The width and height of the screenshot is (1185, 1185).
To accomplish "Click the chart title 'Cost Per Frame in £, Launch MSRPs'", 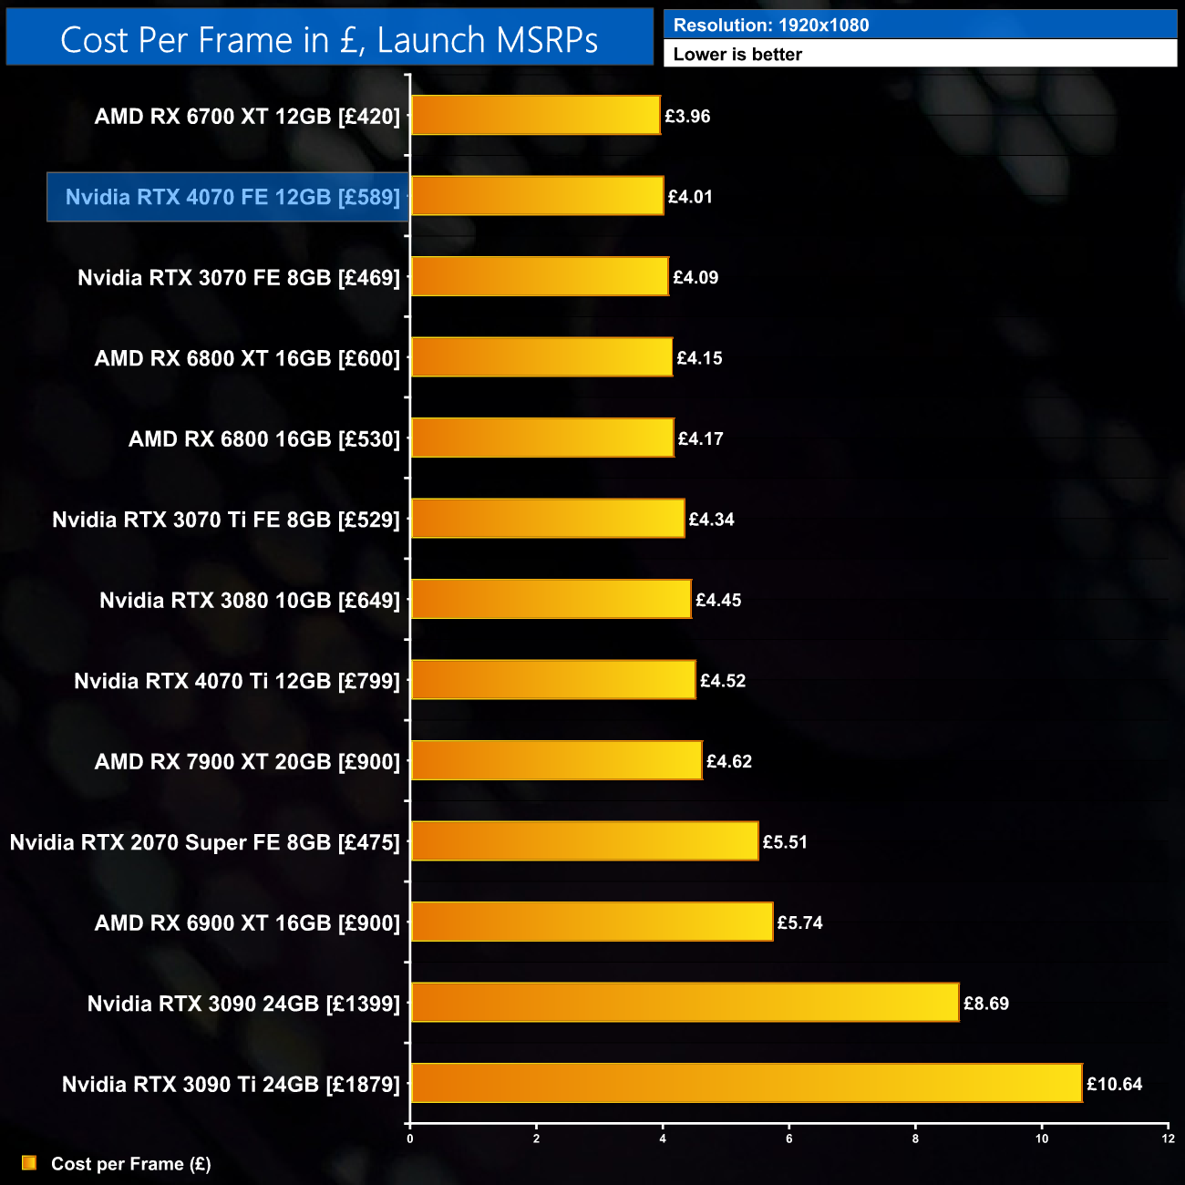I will pyautogui.click(x=329, y=40).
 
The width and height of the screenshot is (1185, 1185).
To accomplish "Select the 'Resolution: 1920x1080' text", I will pyautogui.click(x=771, y=26).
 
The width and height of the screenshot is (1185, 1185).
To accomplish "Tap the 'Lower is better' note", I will pyautogui.click(x=737, y=55).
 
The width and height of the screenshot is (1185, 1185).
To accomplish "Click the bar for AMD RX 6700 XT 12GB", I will pyautogui.click(x=535, y=116).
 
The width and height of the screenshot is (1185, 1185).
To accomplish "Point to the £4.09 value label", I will pyautogui.click(x=696, y=277).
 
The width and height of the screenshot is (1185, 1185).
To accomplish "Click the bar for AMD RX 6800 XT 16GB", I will pyautogui.click(x=541, y=357).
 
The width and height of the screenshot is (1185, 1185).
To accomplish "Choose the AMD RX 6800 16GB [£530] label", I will pyautogui.click(x=264, y=439).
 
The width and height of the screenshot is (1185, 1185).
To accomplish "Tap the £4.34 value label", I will pyautogui.click(x=711, y=520).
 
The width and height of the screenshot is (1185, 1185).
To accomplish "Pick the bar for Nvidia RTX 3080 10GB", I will pyautogui.click(x=551, y=599).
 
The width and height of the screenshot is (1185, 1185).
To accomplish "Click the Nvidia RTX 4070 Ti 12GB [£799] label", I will pyautogui.click(x=237, y=681).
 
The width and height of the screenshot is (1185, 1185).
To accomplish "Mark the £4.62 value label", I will pyautogui.click(x=729, y=761).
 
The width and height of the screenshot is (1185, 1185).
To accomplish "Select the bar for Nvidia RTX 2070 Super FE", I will pyautogui.click(x=584, y=841).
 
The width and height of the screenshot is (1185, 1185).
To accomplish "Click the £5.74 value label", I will pyautogui.click(x=799, y=922).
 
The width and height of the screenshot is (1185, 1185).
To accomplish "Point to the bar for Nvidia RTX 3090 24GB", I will pyautogui.click(x=685, y=1003).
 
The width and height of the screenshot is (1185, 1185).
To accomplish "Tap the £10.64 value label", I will pyautogui.click(x=1114, y=1084).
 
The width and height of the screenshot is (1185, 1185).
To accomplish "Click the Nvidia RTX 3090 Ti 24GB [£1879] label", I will pyautogui.click(x=231, y=1085).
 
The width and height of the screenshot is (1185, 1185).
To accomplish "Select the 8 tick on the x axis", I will pyautogui.click(x=915, y=1139).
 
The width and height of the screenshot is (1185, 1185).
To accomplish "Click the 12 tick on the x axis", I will pyautogui.click(x=1168, y=1139).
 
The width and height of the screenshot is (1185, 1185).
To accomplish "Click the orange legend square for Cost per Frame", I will pyautogui.click(x=29, y=1163).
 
